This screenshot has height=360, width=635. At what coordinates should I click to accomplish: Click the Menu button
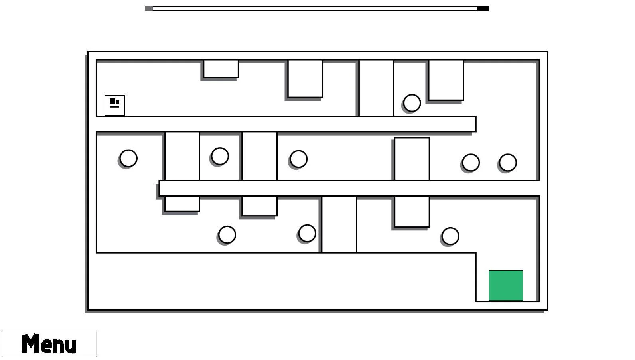[49, 344]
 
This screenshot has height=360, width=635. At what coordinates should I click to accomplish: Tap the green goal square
[506, 285]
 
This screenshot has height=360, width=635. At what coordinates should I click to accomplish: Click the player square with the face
[114, 105]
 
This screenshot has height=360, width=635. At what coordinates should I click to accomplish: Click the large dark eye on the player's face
[112, 101]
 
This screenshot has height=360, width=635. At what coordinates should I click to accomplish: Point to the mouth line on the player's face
[114, 107]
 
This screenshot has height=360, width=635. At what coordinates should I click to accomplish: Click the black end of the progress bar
[483, 8]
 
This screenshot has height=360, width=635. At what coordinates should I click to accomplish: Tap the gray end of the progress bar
[149, 8]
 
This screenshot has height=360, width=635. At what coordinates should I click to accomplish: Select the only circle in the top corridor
[412, 103]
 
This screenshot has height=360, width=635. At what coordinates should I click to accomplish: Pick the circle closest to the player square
[128, 158]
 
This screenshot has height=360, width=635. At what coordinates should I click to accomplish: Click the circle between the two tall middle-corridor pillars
[220, 156]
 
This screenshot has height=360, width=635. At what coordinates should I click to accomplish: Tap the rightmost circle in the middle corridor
[508, 163]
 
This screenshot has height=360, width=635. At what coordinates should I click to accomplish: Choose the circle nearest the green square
[450, 236]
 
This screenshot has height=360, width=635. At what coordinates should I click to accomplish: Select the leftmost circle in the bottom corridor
[227, 235]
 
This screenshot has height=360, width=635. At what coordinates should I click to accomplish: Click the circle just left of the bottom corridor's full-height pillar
[307, 233]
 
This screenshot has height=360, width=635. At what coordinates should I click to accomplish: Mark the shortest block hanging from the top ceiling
[221, 69]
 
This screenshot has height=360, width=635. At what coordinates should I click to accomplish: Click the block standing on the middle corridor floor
[412, 159]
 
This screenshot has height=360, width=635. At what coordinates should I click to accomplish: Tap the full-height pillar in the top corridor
[376, 88]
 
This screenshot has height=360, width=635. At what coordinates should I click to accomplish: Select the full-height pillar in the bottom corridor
[339, 224]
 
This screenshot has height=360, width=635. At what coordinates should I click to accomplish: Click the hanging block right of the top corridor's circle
[446, 80]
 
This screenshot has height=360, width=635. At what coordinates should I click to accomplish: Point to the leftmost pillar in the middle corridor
[182, 156]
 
